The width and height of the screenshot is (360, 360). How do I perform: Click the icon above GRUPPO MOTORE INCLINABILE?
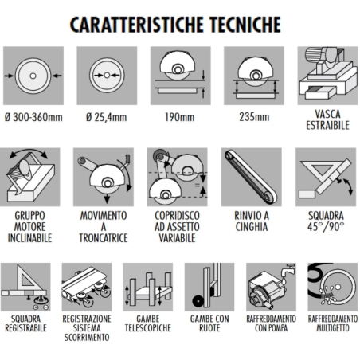[34, 178]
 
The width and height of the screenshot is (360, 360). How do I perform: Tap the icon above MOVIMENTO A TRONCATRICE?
[106, 178]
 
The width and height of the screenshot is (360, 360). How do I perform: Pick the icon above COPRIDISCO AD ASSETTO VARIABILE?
[178, 178]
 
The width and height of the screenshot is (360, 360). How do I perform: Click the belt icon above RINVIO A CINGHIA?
[251, 178]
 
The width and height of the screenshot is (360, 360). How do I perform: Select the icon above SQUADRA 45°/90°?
[325, 178]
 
